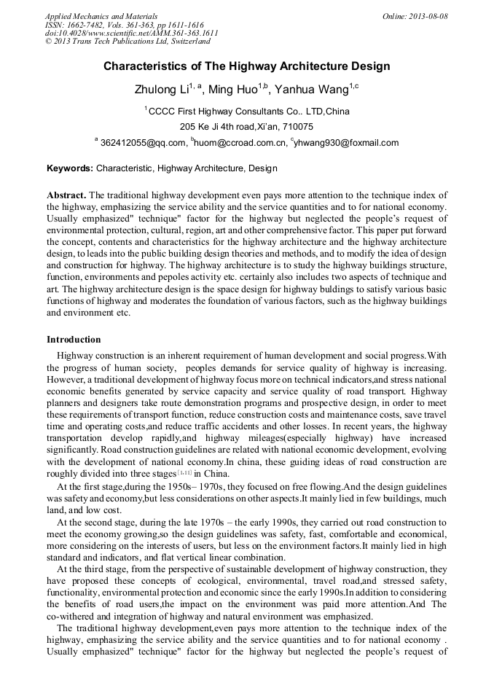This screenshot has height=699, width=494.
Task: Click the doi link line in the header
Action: pyautogui.click(x=131, y=33)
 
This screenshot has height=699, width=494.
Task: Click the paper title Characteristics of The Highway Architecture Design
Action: pyautogui.click(x=246, y=66)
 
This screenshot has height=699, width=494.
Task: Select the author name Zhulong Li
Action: pyautogui.click(x=162, y=90)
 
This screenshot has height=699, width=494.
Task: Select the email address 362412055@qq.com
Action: pyautogui.click(x=143, y=143)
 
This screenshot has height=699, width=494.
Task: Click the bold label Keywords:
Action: pyautogui.click(x=70, y=168)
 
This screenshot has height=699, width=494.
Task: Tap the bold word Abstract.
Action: pyautogui.click(x=66, y=195)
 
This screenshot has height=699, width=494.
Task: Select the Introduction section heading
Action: pyautogui.click(x=74, y=339)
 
